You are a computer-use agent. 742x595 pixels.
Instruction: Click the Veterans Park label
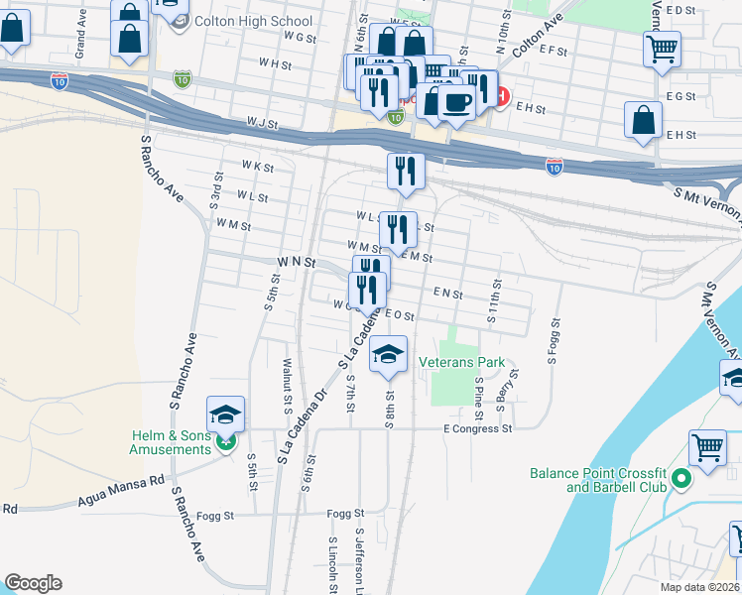[461, 362]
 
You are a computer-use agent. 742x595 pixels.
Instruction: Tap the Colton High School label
[243, 21]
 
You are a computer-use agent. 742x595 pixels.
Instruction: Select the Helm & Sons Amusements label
[171, 442]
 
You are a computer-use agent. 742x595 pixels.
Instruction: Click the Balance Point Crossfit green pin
[680, 480]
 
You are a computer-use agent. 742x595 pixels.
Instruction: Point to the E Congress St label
[477, 429]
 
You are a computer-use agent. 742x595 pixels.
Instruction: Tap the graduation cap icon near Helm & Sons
[226, 415]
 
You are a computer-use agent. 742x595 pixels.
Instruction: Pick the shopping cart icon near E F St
[662, 47]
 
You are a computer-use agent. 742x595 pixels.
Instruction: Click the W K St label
[256, 167]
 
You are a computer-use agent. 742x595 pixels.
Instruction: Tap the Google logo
[33, 582]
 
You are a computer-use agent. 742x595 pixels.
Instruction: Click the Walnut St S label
[288, 387]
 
